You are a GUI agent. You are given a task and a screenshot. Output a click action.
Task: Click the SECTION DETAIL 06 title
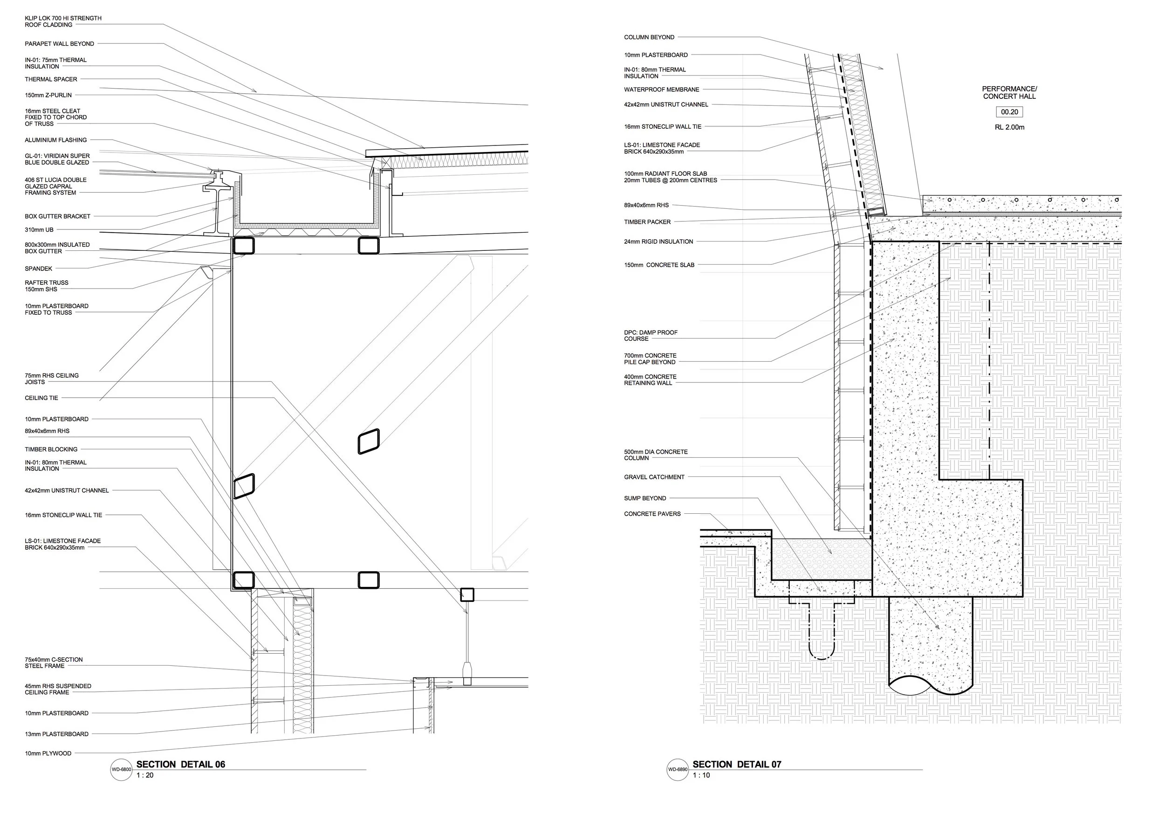click(x=180, y=764)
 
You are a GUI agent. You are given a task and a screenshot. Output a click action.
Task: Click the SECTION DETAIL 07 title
click(x=737, y=764)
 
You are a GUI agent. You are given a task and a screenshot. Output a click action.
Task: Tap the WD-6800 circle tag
click(x=121, y=769)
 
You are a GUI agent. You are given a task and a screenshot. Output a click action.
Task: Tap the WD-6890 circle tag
click(x=678, y=769)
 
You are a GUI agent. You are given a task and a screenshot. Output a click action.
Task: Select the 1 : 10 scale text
click(x=701, y=775)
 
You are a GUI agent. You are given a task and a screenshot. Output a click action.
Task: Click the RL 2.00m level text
click(x=1009, y=127)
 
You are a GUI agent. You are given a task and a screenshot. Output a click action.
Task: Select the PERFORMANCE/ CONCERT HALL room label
click(x=1009, y=92)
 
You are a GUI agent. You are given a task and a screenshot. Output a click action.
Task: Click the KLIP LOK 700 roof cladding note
click(x=63, y=21)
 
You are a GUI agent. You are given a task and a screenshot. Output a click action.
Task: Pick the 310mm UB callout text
click(x=39, y=230)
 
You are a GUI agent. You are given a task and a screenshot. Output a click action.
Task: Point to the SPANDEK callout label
click(x=39, y=269)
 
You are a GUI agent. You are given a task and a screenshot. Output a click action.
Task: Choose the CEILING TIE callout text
click(x=41, y=398)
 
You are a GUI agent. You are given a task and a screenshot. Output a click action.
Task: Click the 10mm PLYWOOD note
click(x=48, y=753)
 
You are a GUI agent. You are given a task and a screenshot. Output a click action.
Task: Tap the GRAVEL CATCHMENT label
click(x=654, y=477)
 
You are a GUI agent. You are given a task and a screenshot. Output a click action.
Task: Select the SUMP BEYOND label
click(x=645, y=498)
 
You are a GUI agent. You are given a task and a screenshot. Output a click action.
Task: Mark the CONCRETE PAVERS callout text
click(x=652, y=514)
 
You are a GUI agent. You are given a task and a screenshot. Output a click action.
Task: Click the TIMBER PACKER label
click(x=647, y=222)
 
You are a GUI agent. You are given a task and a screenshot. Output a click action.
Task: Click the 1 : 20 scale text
click(x=144, y=775)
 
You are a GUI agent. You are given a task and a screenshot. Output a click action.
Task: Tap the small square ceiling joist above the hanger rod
click(x=467, y=595)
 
